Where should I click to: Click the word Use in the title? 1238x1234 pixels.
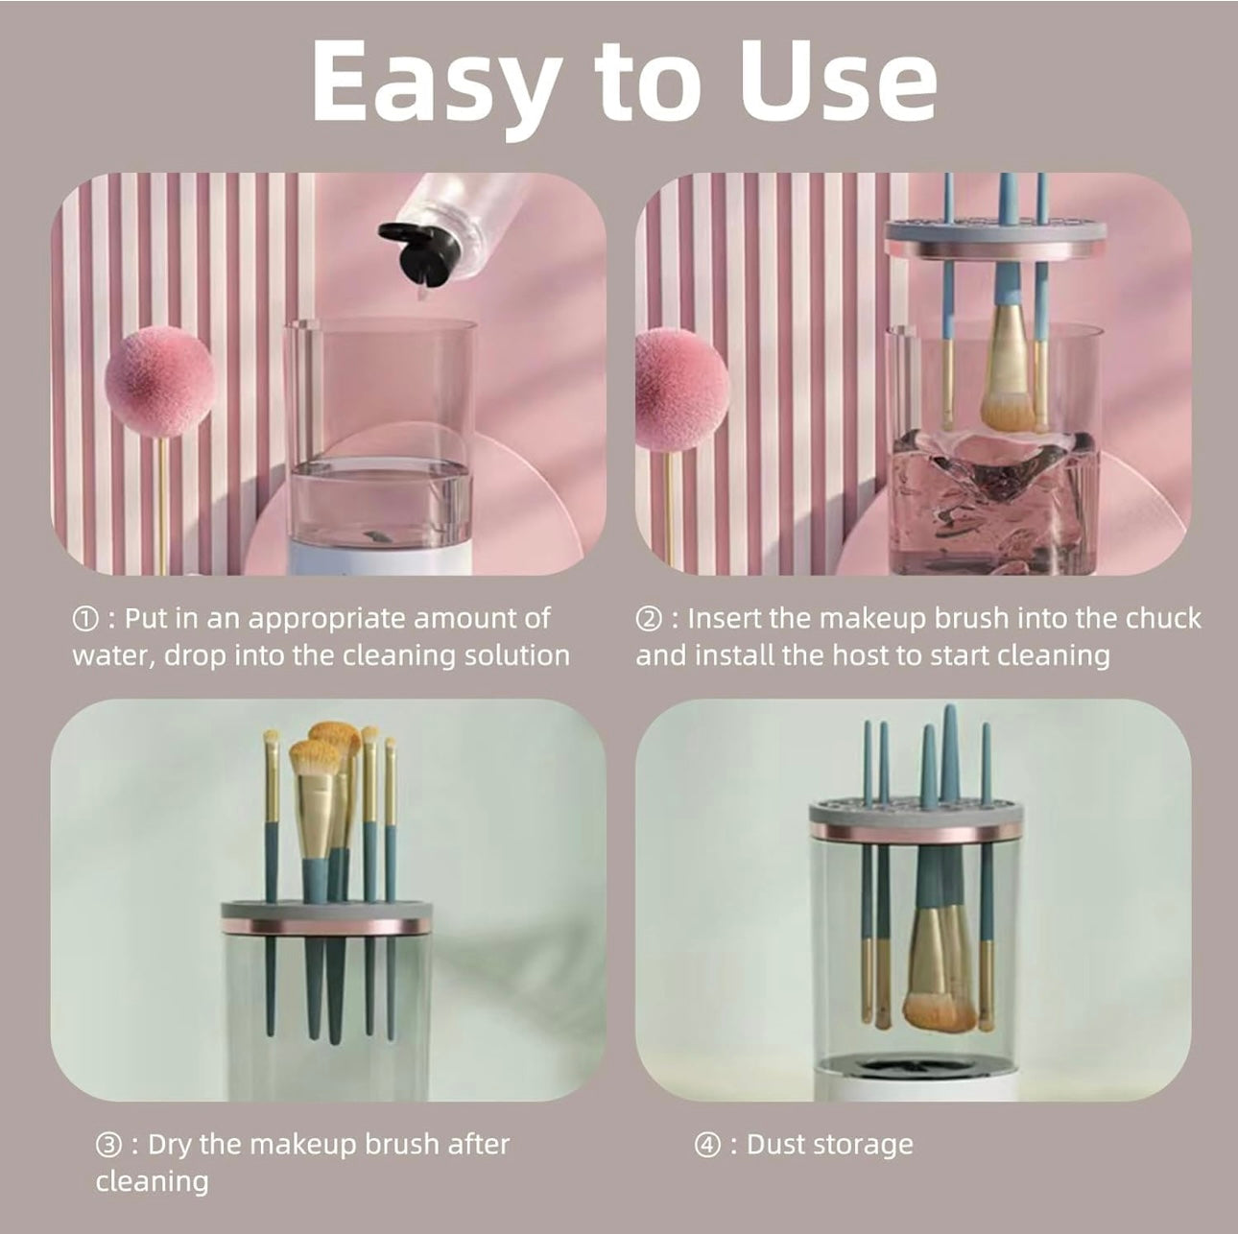839,83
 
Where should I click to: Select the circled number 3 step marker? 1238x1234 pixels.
107,1145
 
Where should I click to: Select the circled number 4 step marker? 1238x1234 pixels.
706,1145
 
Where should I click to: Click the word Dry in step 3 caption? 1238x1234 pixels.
171,1145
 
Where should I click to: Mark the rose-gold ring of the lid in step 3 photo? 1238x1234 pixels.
326,925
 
